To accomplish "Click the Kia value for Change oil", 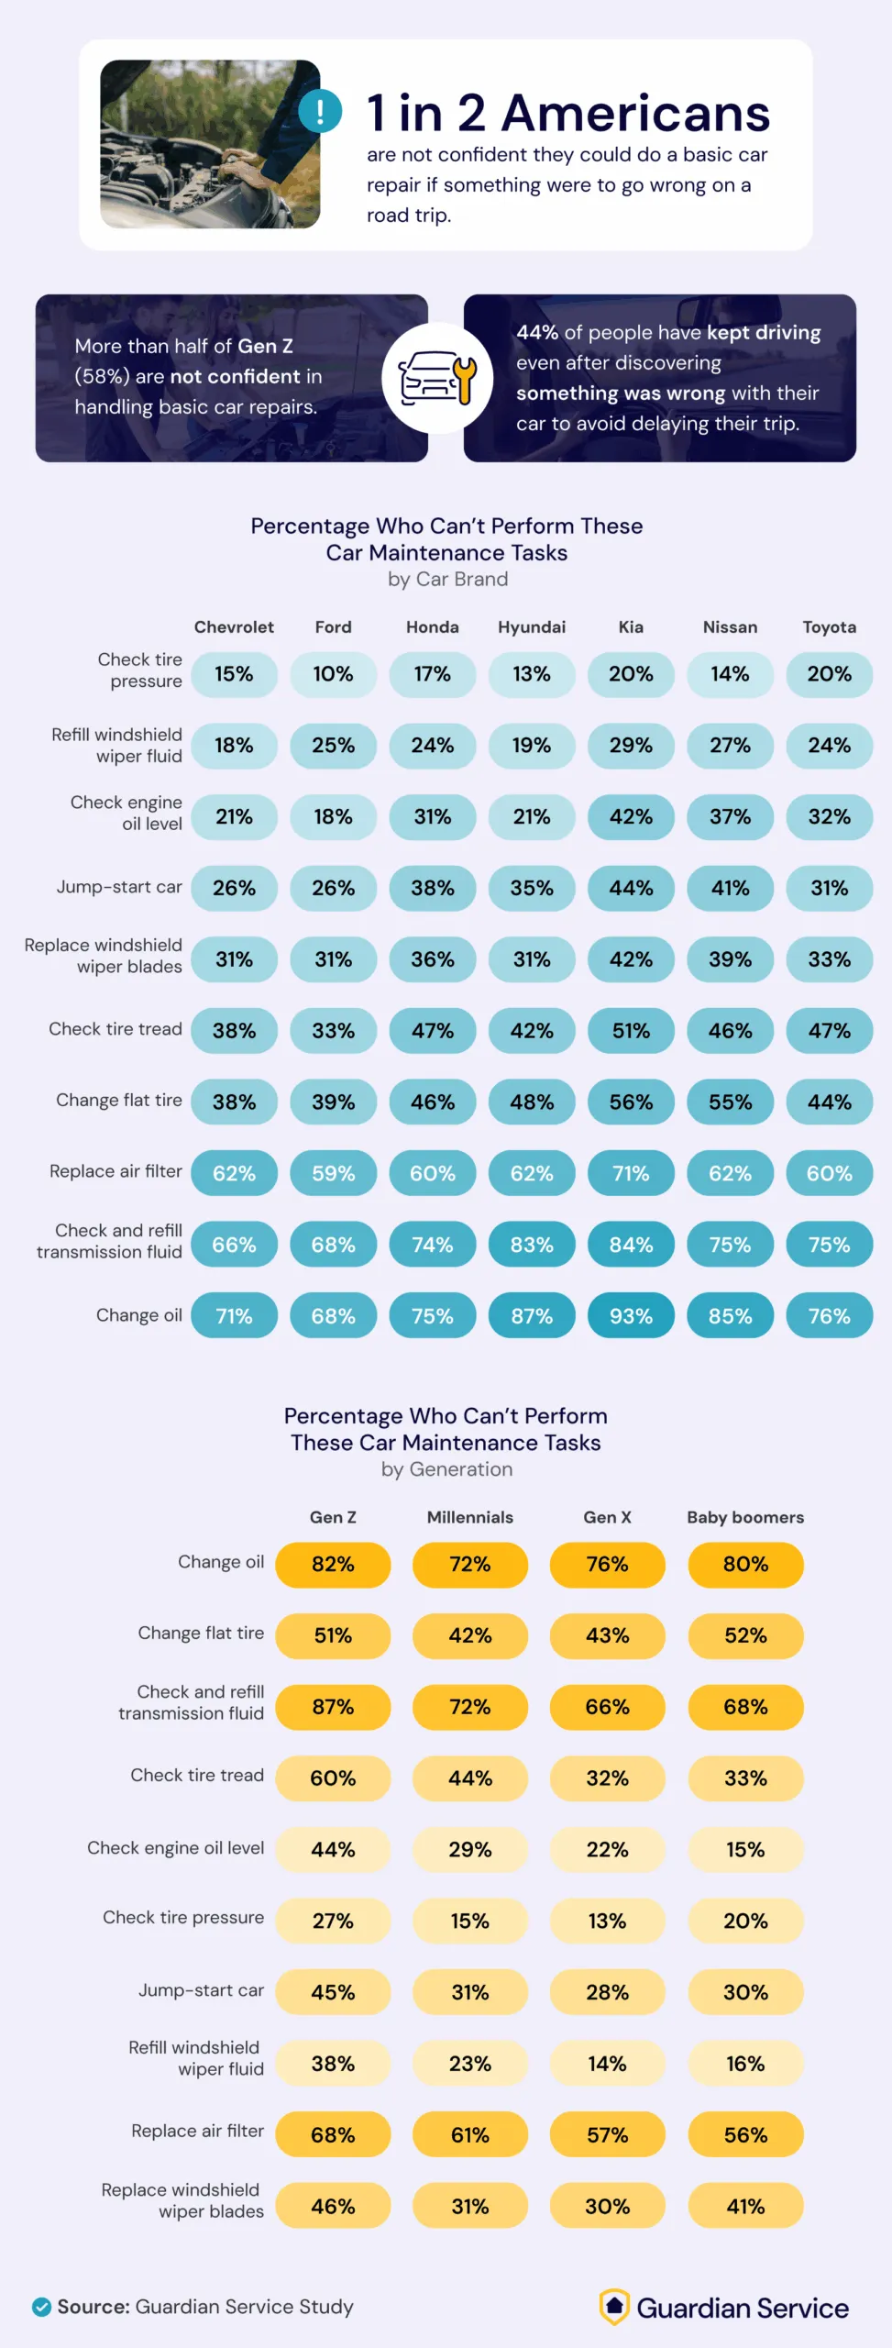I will pyautogui.click(x=631, y=1316).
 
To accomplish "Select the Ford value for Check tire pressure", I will pyautogui.click(x=333, y=674).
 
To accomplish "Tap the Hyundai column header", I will pyautogui.click(x=532, y=627).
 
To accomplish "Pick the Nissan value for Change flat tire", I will pyautogui.click(x=730, y=1102).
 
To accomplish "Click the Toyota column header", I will pyautogui.click(x=829, y=627).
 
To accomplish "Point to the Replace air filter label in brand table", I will pyautogui.click(x=116, y=1171).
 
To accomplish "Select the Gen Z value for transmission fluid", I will pyautogui.click(x=333, y=1707).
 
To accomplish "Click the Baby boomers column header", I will pyautogui.click(x=745, y=1517).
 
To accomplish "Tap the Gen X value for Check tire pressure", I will pyautogui.click(x=607, y=1921).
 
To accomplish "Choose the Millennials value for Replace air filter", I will pyautogui.click(x=469, y=2135).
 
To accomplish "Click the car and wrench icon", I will pyautogui.click(x=438, y=378).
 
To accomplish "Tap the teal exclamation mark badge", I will pyautogui.click(x=320, y=111).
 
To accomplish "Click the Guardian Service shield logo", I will pyautogui.click(x=614, y=2306).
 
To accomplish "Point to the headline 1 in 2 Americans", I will pyautogui.click(x=567, y=114).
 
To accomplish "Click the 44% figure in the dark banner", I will pyautogui.click(x=536, y=333).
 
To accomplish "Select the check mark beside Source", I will pyautogui.click(x=41, y=2307).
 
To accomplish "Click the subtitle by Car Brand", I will pyautogui.click(x=447, y=580).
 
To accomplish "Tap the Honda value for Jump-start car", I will pyautogui.click(x=432, y=888).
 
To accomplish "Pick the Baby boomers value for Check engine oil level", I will pyautogui.click(x=745, y=1849).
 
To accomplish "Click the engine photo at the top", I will pyautogui.click(x=210, y=144).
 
